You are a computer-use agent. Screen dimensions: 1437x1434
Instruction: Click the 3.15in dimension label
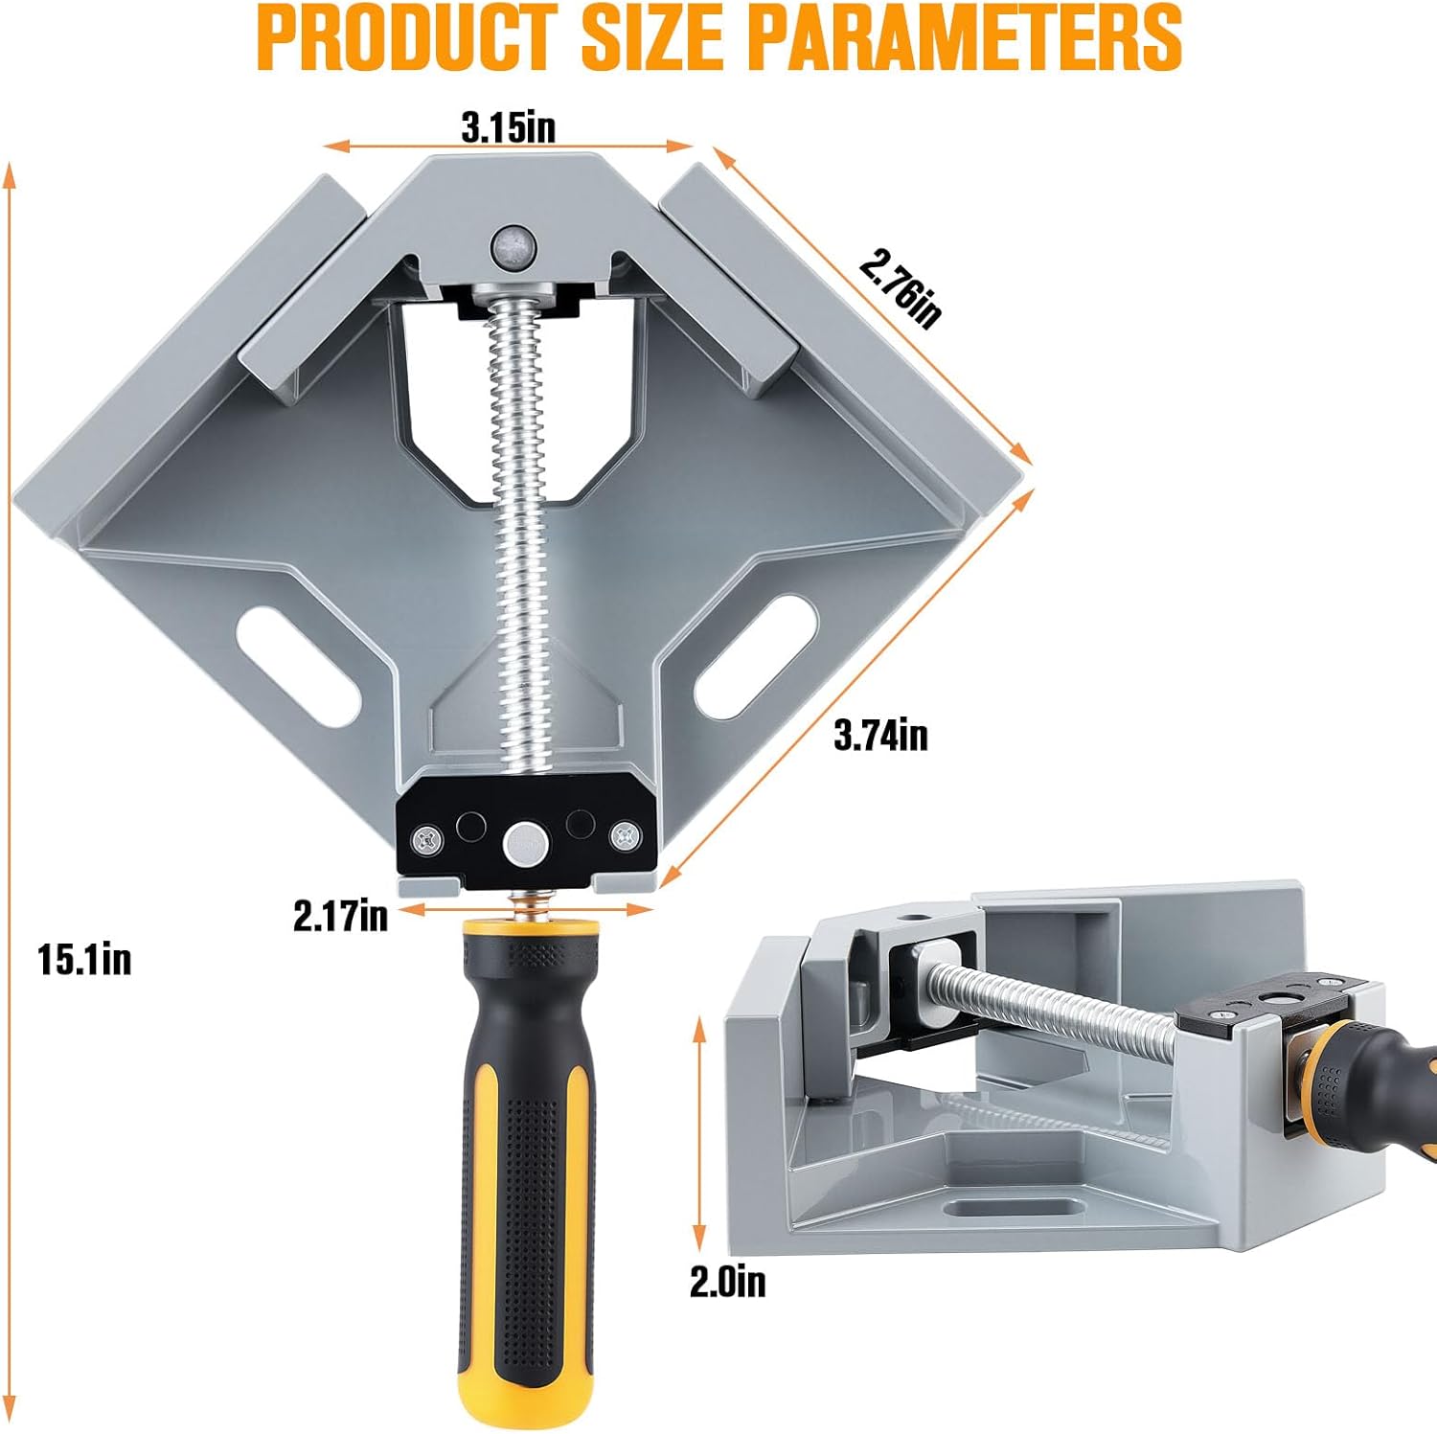click(x=508, y=128)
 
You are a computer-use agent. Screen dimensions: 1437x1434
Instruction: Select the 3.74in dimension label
click(x=880, y=735)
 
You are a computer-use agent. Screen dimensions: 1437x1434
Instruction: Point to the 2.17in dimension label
click(x=341, y=916)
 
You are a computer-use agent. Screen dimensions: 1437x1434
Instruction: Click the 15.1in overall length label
click(x=84, y=959)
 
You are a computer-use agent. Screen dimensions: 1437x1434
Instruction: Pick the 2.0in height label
click(x=728, y=1282)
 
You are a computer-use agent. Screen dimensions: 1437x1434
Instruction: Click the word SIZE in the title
click(x=653, y=38)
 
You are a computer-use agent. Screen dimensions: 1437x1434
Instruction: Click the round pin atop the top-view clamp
click(x=513, y=248)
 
